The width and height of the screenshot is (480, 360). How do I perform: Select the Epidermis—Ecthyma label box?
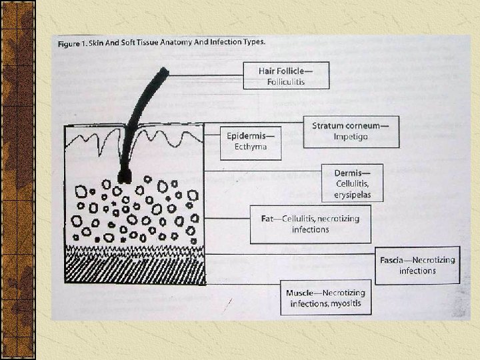click(251, 141)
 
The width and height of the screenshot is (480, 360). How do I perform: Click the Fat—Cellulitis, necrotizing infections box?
click(311, 224)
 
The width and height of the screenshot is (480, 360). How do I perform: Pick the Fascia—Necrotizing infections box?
click(418, 265)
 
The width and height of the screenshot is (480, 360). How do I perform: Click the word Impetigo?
click(351, 137)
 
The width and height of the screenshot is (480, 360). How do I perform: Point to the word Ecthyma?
click(251, 147)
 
